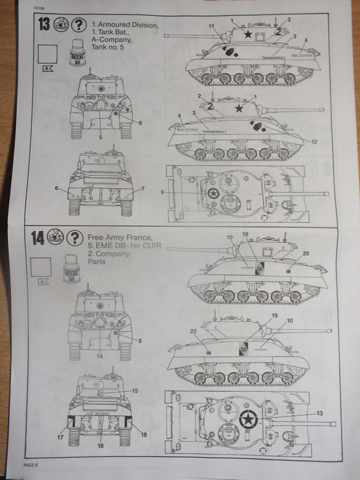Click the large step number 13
[43, 25]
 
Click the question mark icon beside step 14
[75, 238]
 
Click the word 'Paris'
[96, 264]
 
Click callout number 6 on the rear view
[56, 189]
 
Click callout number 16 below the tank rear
[99, 446]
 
